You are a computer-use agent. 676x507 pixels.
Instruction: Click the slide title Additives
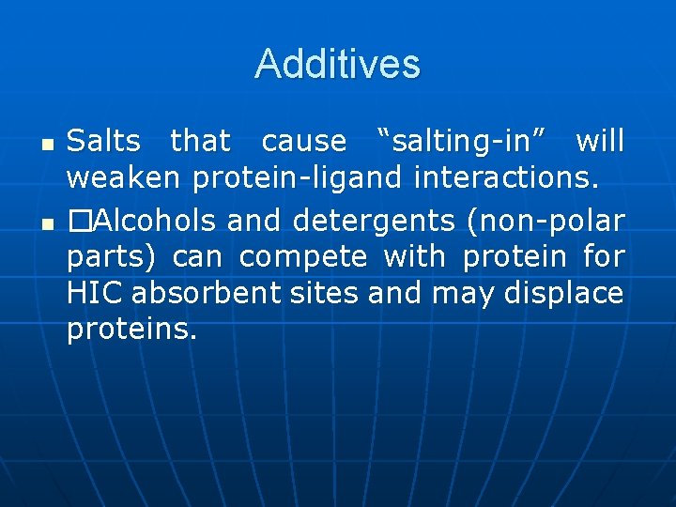[337, 64]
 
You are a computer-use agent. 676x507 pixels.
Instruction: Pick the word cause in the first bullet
[303, 142]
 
